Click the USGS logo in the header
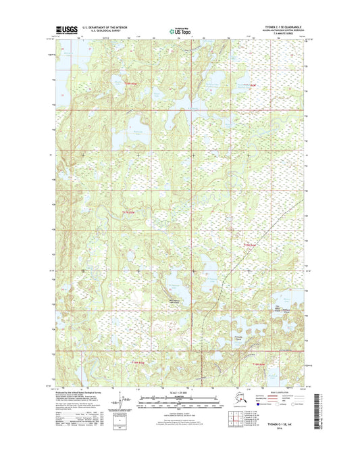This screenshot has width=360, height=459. tap(68, 30)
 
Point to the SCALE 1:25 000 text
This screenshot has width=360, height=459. tap(179, 395)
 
